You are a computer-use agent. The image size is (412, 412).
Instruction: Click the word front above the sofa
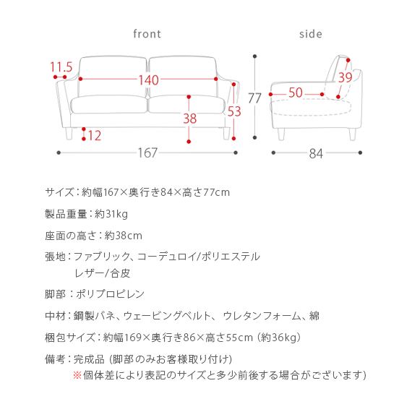point(147,34)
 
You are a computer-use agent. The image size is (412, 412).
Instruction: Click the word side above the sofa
point(311,34)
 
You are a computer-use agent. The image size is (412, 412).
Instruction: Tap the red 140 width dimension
point(148,80)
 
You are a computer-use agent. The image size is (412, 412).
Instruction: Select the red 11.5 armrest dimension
point(61,66)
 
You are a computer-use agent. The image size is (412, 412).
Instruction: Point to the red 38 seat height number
point(189,119)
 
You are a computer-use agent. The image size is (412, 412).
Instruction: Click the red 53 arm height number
point(234,111)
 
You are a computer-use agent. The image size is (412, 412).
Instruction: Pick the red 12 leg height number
point(95,136)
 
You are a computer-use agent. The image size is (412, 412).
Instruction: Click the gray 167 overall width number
point(147,153)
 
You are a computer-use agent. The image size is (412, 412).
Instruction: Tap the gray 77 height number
point(254,98)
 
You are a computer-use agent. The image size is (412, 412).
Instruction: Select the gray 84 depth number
point(316,153)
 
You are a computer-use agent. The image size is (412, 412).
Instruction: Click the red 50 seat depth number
point(296,93)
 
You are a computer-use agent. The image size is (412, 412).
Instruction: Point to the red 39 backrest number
point(345,77)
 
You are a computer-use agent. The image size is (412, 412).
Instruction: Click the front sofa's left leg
point(69,134)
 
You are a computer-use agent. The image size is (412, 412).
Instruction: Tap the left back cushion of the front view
point(113,76)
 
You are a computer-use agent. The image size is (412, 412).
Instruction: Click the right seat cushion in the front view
point(186,105)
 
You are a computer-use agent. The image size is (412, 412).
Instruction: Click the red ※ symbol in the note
point(77,375)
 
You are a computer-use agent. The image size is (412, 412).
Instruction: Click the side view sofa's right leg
point(352,134)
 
